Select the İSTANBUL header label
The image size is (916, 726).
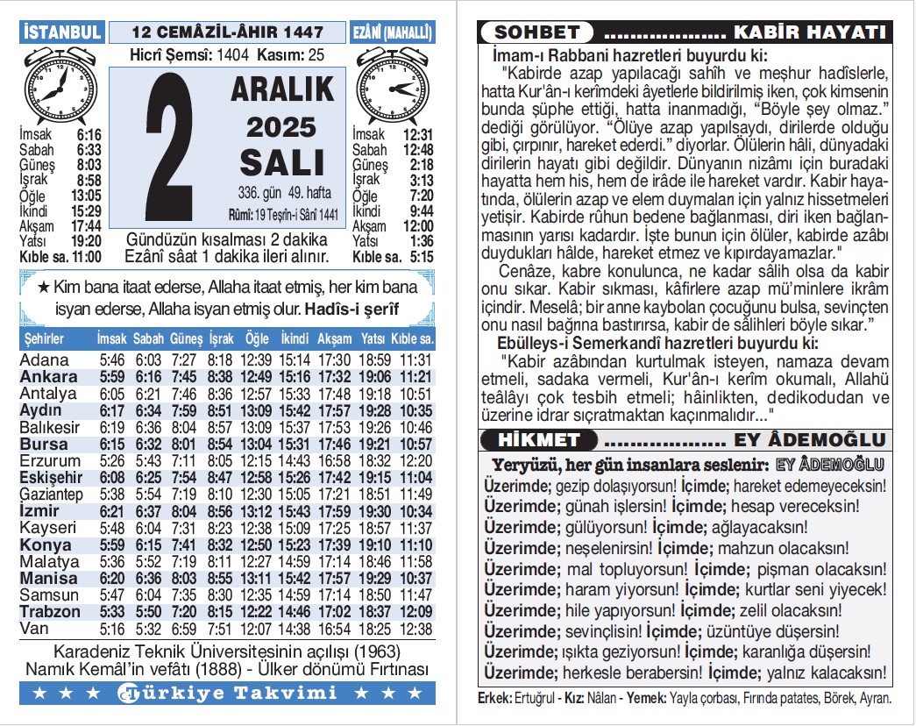[61, 32]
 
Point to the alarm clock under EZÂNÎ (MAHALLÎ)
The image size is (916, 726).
[392, 87]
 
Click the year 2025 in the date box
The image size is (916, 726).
[280, 127]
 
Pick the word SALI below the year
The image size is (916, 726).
[282, 163]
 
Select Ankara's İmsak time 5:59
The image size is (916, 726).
[112, 377]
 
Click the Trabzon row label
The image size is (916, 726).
[50, 611]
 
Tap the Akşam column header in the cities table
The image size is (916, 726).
[334, 338]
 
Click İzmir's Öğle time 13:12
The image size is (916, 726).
[257, 511]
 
